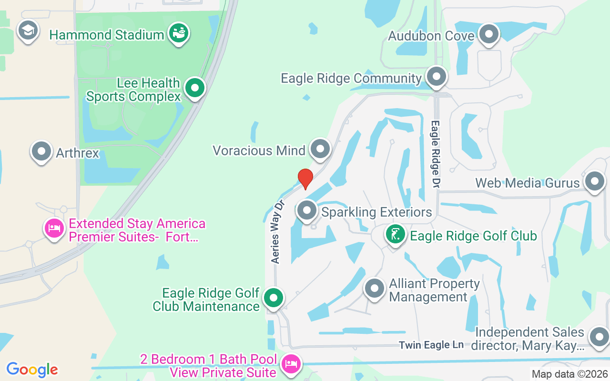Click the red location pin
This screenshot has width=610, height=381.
pos(305,179)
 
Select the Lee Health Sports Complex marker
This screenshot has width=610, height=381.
pos(194,88)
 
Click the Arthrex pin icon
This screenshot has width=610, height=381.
pos(41,152)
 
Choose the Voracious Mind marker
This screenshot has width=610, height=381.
pos(320,149)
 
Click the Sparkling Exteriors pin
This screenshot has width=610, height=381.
pos(307,210)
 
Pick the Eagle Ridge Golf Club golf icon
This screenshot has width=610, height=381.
pos(395,234)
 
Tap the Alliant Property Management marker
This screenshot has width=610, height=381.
pos(375,288)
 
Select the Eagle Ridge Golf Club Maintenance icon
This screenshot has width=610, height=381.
pos(274,298)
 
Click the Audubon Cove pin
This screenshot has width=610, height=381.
pos(488,34)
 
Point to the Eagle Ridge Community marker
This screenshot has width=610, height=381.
pos(436,77)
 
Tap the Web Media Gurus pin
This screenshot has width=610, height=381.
pos(594,181)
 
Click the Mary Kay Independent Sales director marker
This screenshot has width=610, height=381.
pos(599,337)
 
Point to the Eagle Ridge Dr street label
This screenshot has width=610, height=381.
pos(435,153)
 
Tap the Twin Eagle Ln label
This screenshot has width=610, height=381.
pos(431,345)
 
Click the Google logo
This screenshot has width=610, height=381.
pos(32,370)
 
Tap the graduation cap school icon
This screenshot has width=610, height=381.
pos(28,30)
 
